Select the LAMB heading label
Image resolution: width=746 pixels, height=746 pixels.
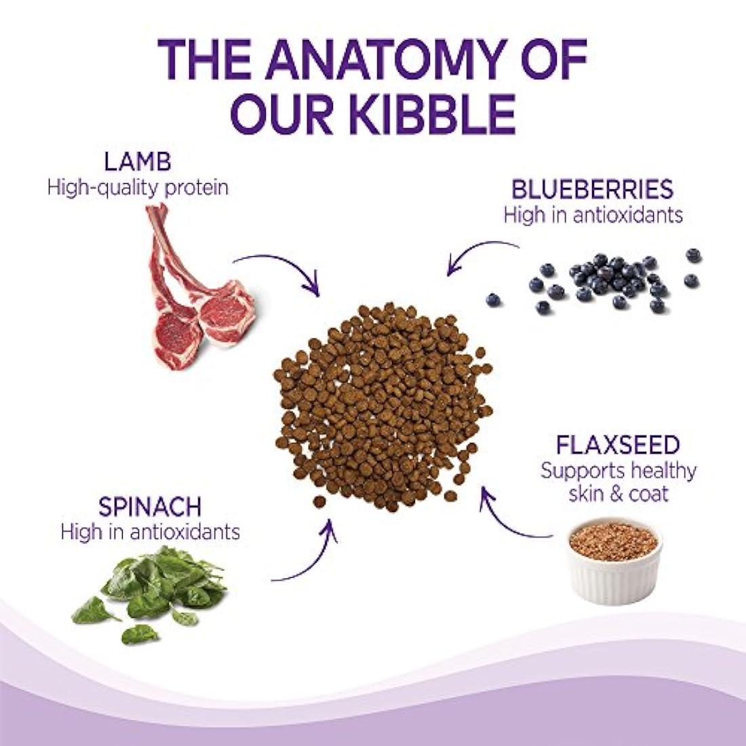pyautogui.click(x=138, y=163)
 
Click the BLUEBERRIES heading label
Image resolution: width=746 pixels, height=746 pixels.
pyautogui.click(x=592, y=189)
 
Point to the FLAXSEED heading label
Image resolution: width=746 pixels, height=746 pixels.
pyautogui.click(x=617, y=445)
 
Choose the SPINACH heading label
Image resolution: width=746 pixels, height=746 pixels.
pyautogui.click(x=149, y=507)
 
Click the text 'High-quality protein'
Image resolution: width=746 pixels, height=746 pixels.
pyautogui.click(x=138, y=187)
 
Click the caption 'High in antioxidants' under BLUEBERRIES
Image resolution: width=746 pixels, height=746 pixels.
pyautogui.click(x=592, y=214)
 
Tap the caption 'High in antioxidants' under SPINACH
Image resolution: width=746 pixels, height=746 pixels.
pyautogui.click(x=150, y=531)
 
